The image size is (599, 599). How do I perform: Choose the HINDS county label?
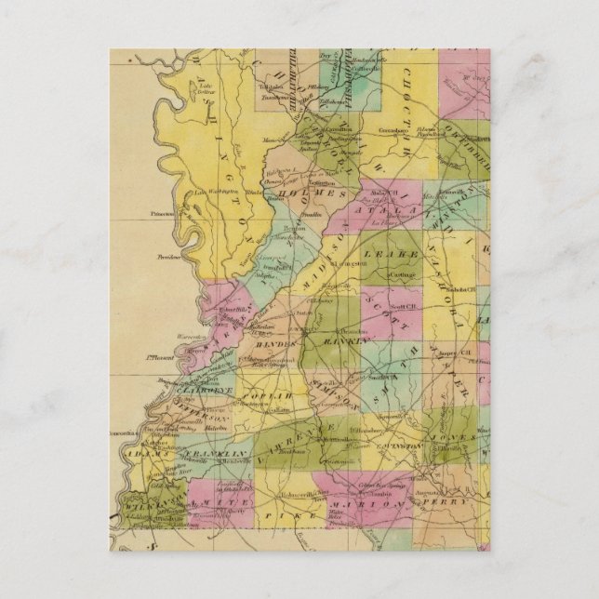(x=271, y=344)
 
